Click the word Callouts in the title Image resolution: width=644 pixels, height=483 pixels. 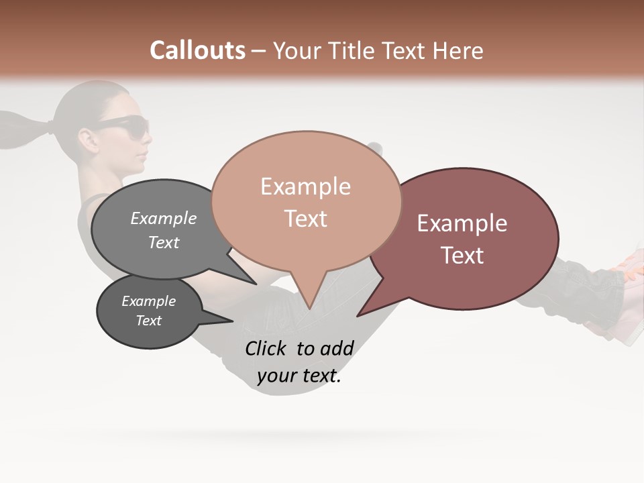(x=197, y=50)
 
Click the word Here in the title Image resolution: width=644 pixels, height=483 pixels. (x=459, y=51)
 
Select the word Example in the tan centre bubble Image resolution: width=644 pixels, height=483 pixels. (x=305, y=186)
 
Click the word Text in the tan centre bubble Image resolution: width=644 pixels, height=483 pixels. (x=305, y=219)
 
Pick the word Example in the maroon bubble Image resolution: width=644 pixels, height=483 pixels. (x=462, y=223)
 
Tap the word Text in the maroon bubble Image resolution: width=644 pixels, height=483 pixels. (x=462, y=256)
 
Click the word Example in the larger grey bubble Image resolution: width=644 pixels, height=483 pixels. (x=163, y=219)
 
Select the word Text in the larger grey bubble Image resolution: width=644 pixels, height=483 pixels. (x=163, y=243)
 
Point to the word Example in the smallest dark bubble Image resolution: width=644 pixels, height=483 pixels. (x=148, y=301)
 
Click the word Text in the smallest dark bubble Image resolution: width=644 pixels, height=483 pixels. (x=148, y=321)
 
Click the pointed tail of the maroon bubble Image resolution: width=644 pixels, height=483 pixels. (x=366, y=310)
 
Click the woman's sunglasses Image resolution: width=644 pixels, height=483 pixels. (x=127, y=125)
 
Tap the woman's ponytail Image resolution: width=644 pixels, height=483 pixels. (x=23, y=131)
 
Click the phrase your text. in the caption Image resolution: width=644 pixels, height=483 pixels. (x=299, y=376)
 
